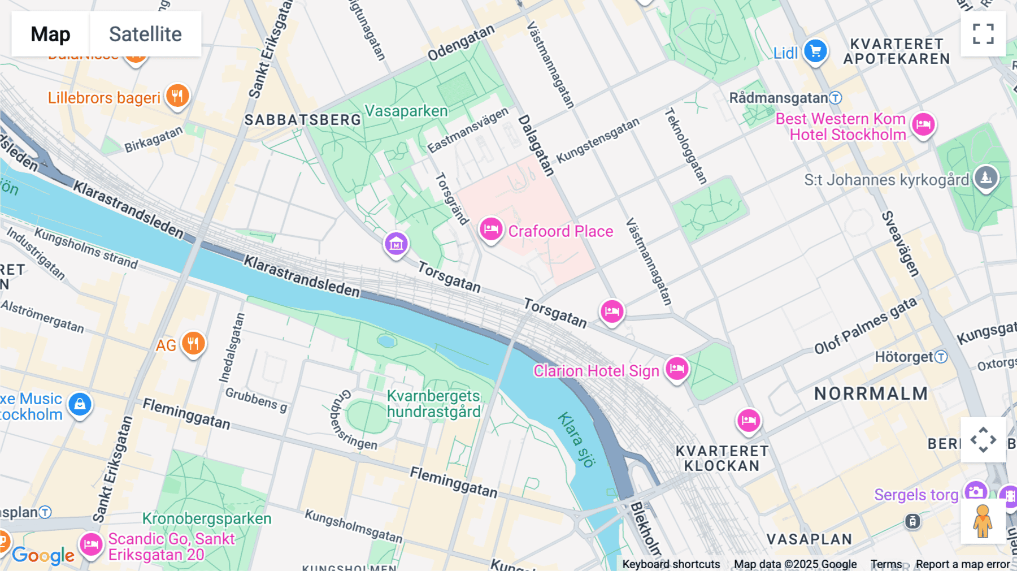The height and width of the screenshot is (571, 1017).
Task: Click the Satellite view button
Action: click(x=145, y=34)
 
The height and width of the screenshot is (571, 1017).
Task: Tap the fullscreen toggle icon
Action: click(x=983, y=34)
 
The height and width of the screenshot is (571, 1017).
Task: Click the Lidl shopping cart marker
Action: click(x=815, y=51)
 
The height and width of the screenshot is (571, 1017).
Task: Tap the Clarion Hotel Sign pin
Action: click(x=676, y=369)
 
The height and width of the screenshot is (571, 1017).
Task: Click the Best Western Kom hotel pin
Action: click(x=923, y=124)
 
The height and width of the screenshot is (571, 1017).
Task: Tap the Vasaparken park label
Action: click(x=406, y=111)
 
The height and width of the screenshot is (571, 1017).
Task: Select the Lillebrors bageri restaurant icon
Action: click(x=177, y=96)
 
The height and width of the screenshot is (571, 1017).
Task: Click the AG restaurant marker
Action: click(x=193, y=343)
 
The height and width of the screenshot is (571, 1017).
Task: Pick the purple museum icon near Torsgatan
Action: click(x=396, y=244)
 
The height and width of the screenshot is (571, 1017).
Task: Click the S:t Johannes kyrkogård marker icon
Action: click(x=986, y=178)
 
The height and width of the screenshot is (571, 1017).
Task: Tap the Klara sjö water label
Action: click(x=576, y=440)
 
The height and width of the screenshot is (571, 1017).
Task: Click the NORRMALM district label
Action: click(x=871, y=393)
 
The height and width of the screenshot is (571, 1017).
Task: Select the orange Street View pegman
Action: click(x=983, y=521)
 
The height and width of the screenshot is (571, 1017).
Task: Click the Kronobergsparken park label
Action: click(x=206, y=518)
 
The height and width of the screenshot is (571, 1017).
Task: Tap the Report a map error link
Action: click(x=962, y=564)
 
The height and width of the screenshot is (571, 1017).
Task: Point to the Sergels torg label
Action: click(x=916, y=495)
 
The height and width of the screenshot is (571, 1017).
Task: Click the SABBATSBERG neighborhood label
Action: click(x=302, y=120)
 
